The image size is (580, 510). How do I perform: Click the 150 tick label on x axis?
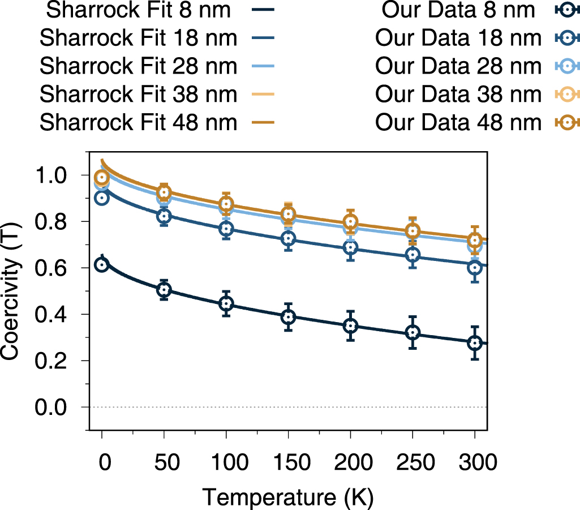(x=288, y=462)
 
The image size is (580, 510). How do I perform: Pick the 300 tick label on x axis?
(x=475, y=462)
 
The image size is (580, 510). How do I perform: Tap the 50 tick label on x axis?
(x=164, y=462)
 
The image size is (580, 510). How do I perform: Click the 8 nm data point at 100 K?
(x=226, y=304)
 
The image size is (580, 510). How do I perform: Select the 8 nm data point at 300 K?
(x=475, y=343)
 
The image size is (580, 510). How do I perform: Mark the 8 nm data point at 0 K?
(x=102, y=265)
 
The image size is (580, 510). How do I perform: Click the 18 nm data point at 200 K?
(x=351, y=247)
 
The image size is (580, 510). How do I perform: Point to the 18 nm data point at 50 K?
(x=164, y=216)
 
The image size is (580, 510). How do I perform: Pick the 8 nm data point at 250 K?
(x=413, y=332)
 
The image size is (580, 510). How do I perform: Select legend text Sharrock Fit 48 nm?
(x=138, y=122)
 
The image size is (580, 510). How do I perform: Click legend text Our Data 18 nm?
(x=454, y=38)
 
